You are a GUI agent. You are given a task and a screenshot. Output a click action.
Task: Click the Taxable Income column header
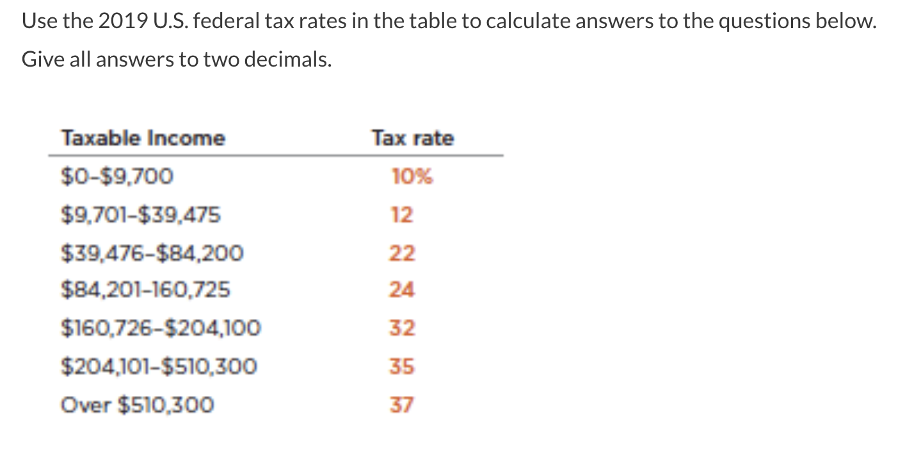click(x=143, y=138)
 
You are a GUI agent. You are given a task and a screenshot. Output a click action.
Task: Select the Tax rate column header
click(x=413, y=138)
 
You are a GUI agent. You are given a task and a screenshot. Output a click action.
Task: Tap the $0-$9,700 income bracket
click(x=117, y=176)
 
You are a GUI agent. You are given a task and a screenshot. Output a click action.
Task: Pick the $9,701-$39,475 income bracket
click(x=141, y=215)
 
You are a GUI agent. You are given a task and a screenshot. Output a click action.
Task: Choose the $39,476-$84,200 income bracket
click(x=152, y=253)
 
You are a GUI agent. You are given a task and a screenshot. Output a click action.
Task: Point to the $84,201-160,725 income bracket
click(x=145, y=291)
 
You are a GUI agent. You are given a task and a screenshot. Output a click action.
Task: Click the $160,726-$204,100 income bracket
click(x=161, y=329)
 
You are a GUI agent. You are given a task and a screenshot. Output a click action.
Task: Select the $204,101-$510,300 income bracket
click(x=159, y=366)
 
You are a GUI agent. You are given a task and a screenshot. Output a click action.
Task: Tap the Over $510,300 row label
click(x=138, y=405)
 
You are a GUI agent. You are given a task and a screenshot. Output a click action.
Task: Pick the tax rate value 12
click(x=403, y=215)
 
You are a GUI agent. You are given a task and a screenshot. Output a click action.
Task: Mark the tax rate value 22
click(x=403, y=253)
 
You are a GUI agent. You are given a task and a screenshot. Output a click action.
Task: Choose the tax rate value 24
click(x=403, y=291)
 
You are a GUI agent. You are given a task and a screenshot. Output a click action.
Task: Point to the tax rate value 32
click(x=403, y=329)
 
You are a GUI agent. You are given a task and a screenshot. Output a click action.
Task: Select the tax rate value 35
click(x=403, y=366)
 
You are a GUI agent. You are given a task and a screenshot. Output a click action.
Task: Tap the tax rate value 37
click(x=403, y=405)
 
